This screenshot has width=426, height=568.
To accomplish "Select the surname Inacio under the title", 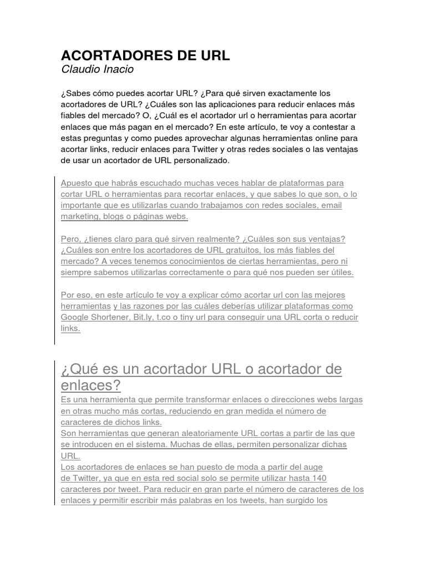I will click(x=119, y=70).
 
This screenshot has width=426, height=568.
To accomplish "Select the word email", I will click(x=330, y=205).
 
